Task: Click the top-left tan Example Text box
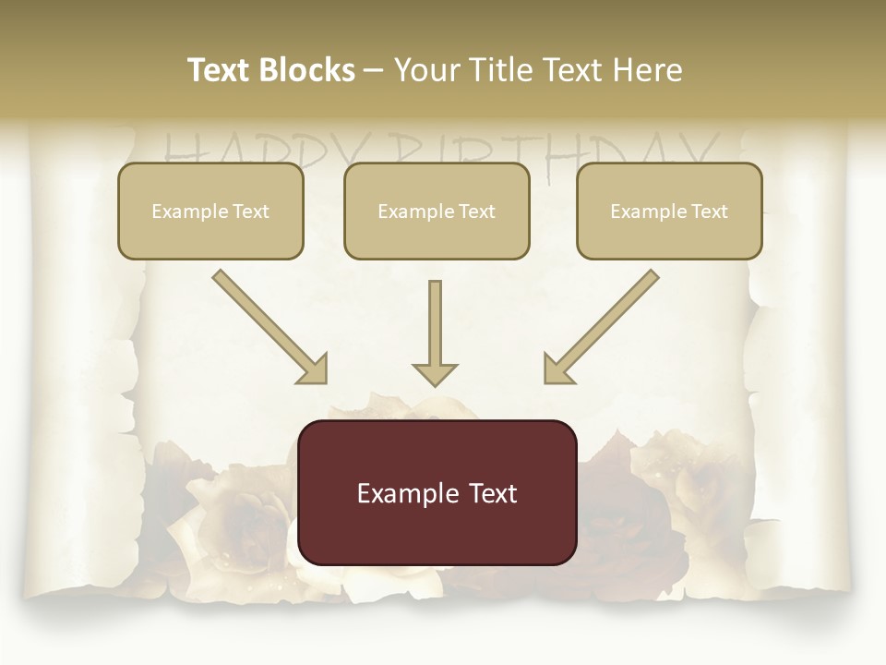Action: (x=210, y=211)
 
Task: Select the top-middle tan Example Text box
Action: (x=437, y=211)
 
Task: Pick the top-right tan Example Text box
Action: (x=669, y=211)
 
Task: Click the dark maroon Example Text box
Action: (x=437, y=492)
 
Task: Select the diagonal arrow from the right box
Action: (x=604, y=324)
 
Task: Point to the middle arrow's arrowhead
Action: (x=435, y=373)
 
